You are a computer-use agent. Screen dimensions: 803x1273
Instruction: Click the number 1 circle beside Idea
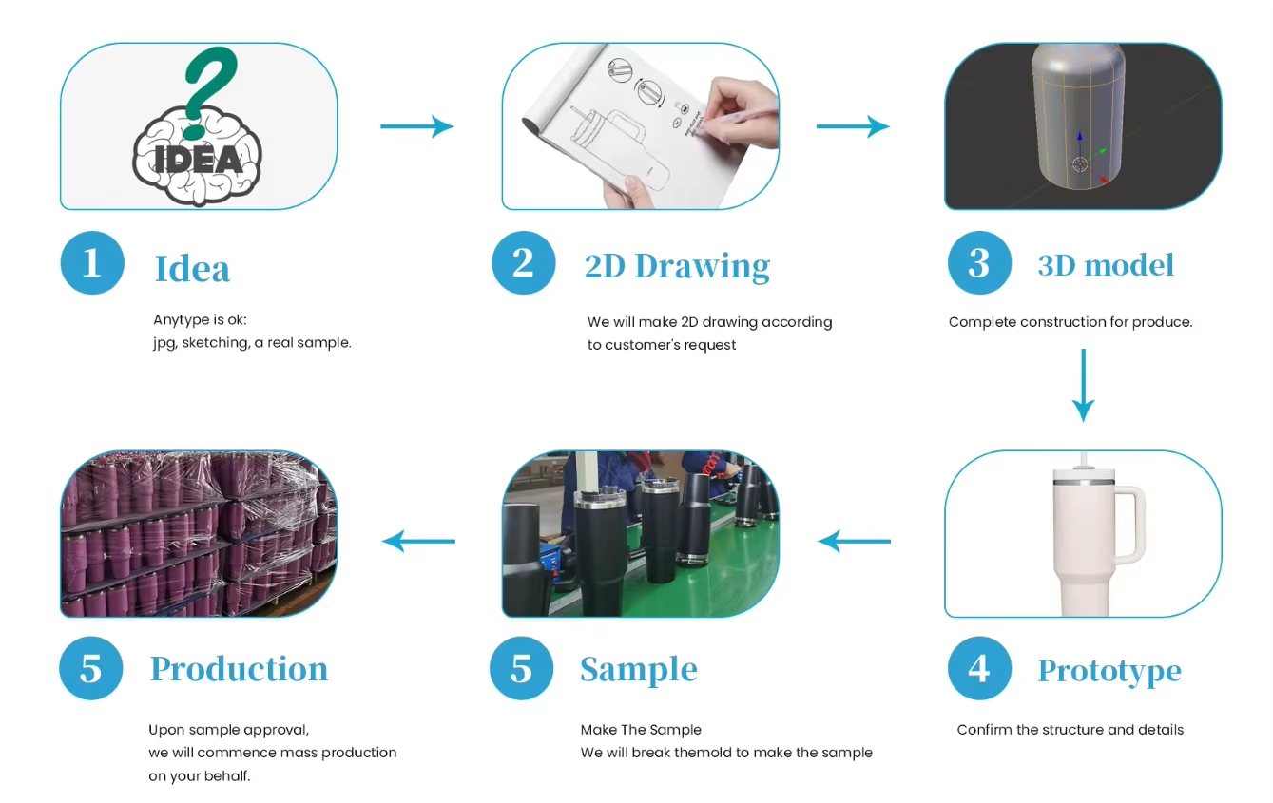click(92, 262)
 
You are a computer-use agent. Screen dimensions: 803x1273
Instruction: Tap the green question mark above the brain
click(209, 81)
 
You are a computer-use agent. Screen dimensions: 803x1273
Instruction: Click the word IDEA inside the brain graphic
click(199, 157)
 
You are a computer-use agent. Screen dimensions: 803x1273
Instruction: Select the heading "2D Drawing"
click(677, 266)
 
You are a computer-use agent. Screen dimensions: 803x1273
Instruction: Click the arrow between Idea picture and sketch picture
click(416, 126)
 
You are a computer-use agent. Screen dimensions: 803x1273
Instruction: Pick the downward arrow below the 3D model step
click(1083, 384)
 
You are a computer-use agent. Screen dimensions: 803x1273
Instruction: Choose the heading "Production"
click(239, 669)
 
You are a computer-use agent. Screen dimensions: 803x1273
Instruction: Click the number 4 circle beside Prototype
click(979, 668)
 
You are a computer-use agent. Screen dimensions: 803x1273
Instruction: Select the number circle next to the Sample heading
click(521, 668)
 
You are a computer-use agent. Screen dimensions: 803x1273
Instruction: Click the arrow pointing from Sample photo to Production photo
click(418, 542)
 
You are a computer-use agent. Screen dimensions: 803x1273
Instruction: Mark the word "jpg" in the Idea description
click(164, 343)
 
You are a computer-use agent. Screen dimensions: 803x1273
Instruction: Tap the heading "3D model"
click(1106, 265)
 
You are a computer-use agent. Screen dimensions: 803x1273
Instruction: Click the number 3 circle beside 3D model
click(979, 262)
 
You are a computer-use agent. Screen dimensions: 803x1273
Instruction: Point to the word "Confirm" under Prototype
click(985, 730)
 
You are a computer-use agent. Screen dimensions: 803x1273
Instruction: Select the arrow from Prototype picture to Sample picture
click(854, 542)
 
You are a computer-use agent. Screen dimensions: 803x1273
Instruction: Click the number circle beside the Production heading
click(91, 668)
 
